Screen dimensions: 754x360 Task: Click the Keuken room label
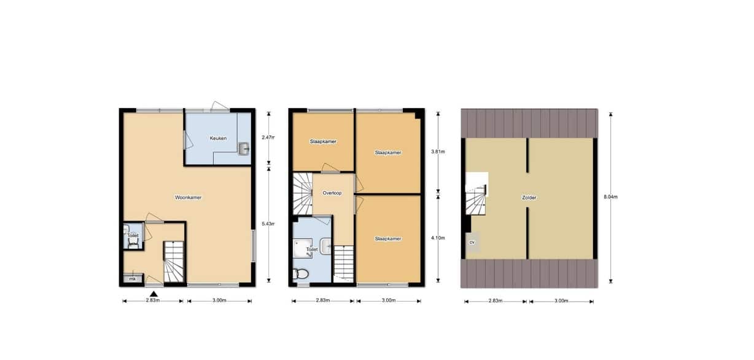pos(218,138)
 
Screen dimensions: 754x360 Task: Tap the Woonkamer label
pos(188,197)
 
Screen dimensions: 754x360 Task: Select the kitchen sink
pos(244,149)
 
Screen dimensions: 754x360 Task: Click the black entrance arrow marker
pos(154,294)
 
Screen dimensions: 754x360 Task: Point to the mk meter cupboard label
pos(133,279)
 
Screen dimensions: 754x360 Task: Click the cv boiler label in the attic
pos(472,242)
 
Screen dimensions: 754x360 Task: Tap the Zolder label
pos(529,198)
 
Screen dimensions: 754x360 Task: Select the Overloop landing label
pos(332,193)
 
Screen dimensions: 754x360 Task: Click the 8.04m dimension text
pos(610,197)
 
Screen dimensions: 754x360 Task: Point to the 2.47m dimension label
pos(268,138)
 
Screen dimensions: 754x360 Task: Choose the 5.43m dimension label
pos(268,224)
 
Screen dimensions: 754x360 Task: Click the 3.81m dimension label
pos(438,152)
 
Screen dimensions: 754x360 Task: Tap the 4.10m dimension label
pos(438,238)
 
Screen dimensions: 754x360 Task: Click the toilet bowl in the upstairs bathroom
pos(301,274)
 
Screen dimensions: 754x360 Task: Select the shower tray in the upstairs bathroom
pos(303,249)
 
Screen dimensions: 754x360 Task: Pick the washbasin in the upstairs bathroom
pos(326,246)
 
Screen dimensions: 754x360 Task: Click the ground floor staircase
pos(174,262)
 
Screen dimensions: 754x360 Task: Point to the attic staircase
pos(476,200)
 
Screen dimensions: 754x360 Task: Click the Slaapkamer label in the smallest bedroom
pos(323,141)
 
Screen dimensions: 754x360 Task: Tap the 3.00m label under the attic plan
pos(561,301)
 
